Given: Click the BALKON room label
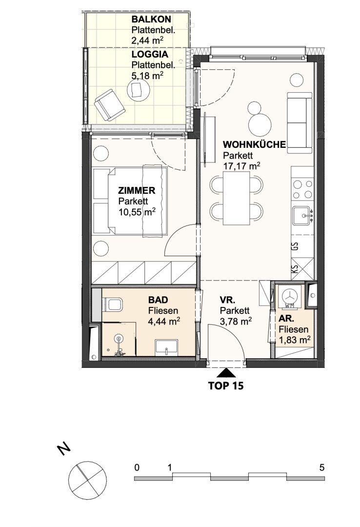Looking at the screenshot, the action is click(x=151, y=19).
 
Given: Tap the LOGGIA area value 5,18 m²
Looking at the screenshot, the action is click(x=148, y=75).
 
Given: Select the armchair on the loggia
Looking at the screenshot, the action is click(x=110, y=104).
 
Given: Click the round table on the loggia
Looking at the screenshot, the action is click(x=139, y=90).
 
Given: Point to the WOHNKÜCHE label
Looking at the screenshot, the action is click(x=255, y=145).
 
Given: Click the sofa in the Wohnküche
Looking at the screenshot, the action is click(x=300, y=123).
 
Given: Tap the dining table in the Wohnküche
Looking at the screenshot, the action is click(x=237, y=198).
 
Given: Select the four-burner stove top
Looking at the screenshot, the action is click(x=302, y=189).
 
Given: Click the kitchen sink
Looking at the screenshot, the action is click(x=302, y=216).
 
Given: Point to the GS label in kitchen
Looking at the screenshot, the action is click(x=296, y=247).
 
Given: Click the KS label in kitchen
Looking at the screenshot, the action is click(x=295, y=269).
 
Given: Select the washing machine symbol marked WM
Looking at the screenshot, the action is click(x=289, y=298).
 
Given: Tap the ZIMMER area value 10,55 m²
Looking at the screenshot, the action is click(x=137, y=212).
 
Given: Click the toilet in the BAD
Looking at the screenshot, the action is click(x=112, y=304).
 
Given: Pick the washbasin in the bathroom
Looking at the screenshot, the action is click(x=166, y=347).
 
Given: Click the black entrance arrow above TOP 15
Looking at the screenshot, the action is click(x=226, y=373).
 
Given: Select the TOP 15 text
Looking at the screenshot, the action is click(x=226, y=385).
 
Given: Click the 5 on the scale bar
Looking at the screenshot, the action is click(x=321, y=467).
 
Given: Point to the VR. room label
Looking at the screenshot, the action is click(x=227, y=300).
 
